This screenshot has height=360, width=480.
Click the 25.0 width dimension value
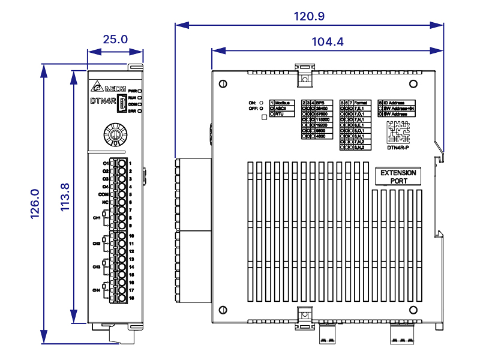click(x=115, y=40)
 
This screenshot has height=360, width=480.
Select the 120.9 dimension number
click(x=310, y=16)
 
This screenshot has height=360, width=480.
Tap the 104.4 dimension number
click(x=328, y=42)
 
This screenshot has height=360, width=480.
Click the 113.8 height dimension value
click(x=65, y=197)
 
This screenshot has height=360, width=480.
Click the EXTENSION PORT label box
click(x=398, y=176)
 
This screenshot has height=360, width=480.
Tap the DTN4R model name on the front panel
click(x=103, y=101)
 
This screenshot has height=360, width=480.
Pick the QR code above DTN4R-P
click(x=398, y=133)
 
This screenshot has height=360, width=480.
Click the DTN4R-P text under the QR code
click(x=398, y=147)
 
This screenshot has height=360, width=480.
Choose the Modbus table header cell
click(x=283, y=103)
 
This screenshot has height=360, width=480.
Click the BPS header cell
click(x=322, y=103)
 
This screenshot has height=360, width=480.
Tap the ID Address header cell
click(x=396, y=103)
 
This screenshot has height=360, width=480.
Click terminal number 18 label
click(x=131, y=298)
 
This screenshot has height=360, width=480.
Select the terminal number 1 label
click(x=130, y=163)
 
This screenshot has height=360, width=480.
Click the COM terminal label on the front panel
click(x=103, y=194)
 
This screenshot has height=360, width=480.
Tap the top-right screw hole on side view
click(x=413, y=83)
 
